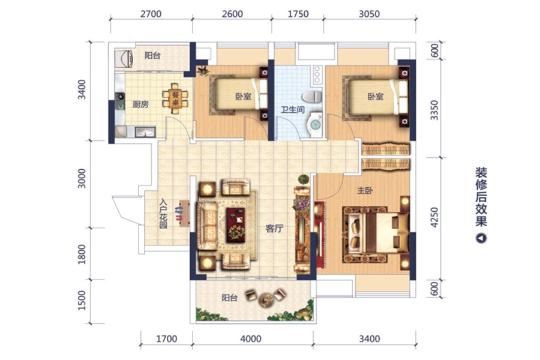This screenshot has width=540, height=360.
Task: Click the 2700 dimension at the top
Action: [151, 14]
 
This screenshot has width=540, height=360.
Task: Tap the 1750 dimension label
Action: [298, 14]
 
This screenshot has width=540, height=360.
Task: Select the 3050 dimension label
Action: [369, 14]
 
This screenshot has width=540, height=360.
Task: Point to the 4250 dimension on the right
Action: [434, 217]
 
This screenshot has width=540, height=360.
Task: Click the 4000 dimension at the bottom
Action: [251, 339]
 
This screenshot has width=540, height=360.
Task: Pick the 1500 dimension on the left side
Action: [82, 301]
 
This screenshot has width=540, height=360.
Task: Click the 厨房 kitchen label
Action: [140, 104]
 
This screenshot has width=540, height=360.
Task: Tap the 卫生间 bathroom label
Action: [292, 110]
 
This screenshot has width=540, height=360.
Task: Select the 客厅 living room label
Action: [274, 229]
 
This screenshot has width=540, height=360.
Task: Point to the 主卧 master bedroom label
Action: [365, 190]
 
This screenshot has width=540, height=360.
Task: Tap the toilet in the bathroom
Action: [311, 97]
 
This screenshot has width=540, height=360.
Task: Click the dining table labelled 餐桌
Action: [176, 98]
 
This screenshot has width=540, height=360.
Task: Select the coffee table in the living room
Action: [236, 224]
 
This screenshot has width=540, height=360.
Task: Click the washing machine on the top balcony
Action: [124, 59]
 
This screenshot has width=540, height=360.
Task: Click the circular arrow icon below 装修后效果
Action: [481, 238]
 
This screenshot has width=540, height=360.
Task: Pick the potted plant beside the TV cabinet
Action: [304, 179]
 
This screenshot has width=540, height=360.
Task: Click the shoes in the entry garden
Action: [178, 214]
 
